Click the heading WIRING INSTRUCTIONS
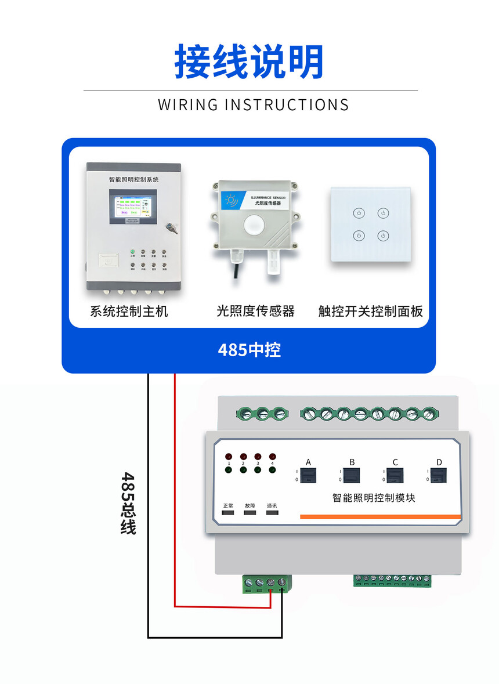(x=254, y=105)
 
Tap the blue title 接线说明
(x=249, y=61)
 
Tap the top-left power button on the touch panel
(x=359, y=213)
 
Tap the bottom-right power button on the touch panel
(x=382, y=236)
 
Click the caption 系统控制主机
(x=129, y=312)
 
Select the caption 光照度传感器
(x=255, y=312)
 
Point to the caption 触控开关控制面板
(x=370, y=312)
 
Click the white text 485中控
(x=249, y=350)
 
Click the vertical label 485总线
(x=128, y=502)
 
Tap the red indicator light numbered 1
(x=229, y=457)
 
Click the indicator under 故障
(x=251, y=514)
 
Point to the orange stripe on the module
(x=380, y=516)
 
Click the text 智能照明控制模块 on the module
(x=374, y=497)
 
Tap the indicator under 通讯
(x=272, y=514)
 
